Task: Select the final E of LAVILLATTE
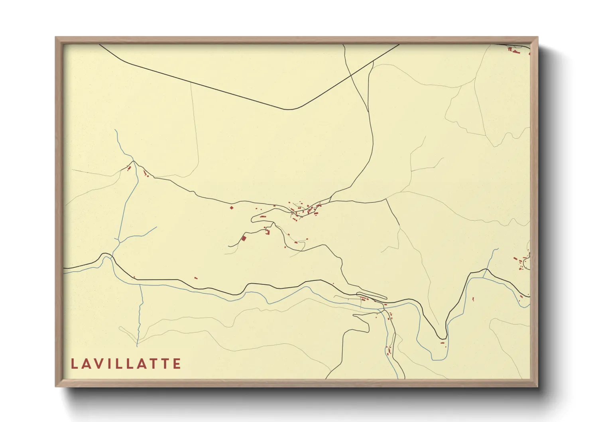tap(177, 364)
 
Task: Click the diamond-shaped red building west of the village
tap(231, 207)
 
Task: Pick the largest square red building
tap(244, 238)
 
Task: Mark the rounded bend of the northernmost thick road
tap(293, 109)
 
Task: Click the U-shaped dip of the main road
tap(442, 337)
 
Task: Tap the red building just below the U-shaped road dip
tap(442, 342)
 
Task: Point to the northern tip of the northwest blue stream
tap(115, 130)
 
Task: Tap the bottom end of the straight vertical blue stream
tap(137, 345)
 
